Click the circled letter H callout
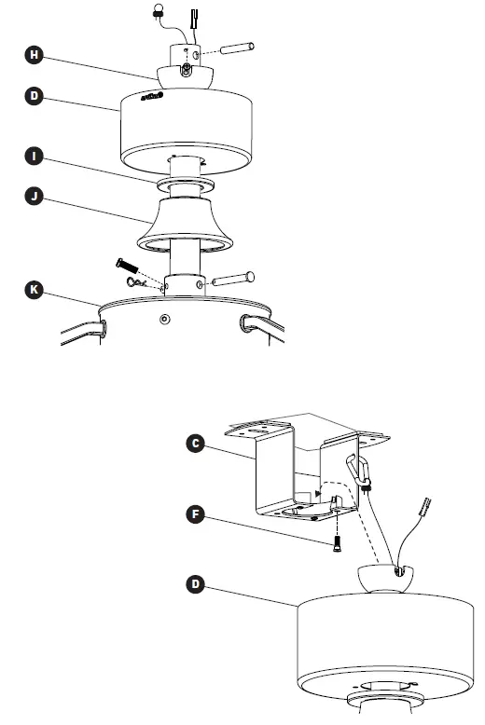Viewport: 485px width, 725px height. point(35,56)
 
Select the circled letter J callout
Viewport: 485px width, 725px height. point(35,197)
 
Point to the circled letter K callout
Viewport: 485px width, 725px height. point(35,290)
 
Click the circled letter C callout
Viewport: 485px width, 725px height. point(195,444)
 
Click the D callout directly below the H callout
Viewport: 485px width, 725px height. point(35,94)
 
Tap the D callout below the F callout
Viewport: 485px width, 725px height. point(195,584)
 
